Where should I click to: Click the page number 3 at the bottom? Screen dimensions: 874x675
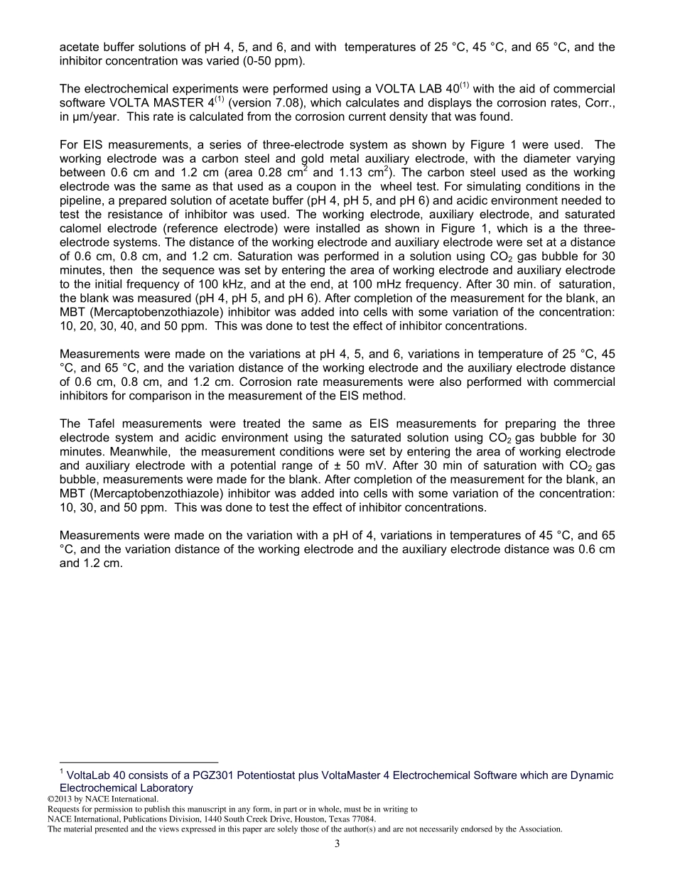(x=337, y=843)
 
